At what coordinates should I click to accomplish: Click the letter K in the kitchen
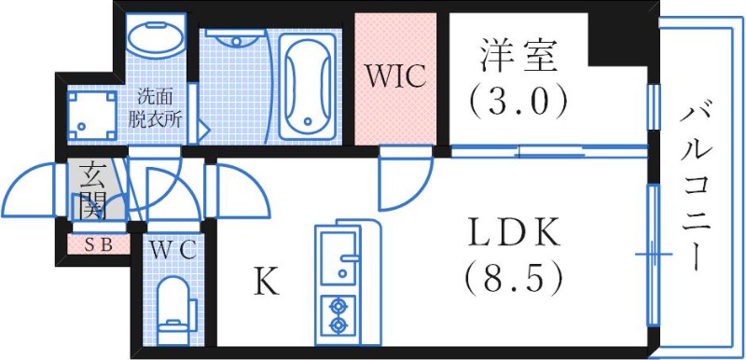(267, 281)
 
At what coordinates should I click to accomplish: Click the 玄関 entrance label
(92, 190)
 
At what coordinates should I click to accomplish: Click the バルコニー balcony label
(695, 187)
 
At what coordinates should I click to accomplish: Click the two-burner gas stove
(336, 314)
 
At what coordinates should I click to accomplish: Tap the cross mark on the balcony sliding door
(653, 252)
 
